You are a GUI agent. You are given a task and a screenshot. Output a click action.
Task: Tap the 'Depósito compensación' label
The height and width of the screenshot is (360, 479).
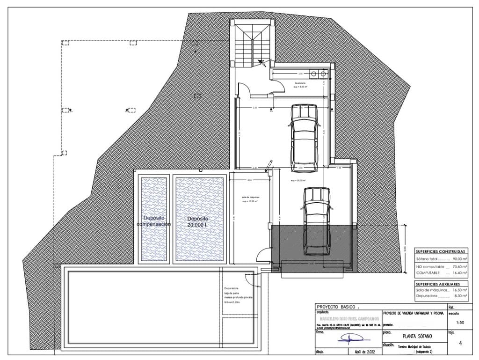coord(153,221)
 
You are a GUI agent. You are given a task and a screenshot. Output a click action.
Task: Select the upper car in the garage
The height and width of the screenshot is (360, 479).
coord(305,138)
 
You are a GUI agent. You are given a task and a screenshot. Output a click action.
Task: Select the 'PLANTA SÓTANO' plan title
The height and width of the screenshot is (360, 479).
coord(417,336)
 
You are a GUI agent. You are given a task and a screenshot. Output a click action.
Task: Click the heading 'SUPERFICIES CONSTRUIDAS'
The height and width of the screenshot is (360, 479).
coord(441,251)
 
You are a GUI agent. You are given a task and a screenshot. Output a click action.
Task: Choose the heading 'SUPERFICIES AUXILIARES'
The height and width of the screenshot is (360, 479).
coord(441,284)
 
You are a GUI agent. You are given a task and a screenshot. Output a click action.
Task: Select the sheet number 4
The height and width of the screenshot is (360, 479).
coord(461,343)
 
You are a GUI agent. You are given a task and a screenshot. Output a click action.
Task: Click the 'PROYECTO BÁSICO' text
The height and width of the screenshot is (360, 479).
coord(337,306)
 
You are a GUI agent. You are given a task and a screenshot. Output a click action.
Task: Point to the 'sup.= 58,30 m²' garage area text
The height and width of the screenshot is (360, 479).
coord(298,180)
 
